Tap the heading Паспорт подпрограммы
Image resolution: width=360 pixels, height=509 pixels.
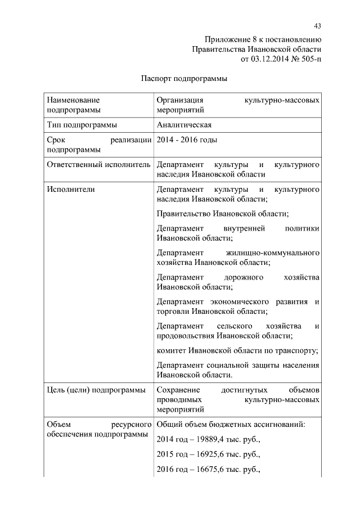coord(183,79)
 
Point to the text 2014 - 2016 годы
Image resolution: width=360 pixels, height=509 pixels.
coord(187,140)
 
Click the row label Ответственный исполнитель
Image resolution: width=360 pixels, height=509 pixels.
coord(98,165)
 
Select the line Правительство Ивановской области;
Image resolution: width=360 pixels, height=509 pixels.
coord(223,214)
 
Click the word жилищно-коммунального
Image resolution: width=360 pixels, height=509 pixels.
coord(274,253)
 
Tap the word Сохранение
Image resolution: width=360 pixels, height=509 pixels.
coord(178,390)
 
